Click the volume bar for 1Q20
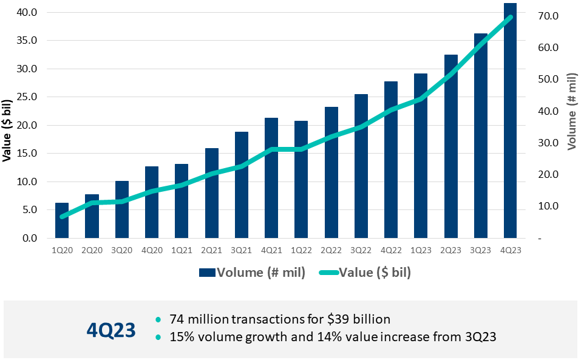(62, 220)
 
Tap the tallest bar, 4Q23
(510, 121)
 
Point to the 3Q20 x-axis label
(122, 250)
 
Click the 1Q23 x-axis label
(421, 250)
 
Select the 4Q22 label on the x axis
(391, 250)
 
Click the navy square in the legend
(207, 273)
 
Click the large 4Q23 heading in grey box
(110, 329)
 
